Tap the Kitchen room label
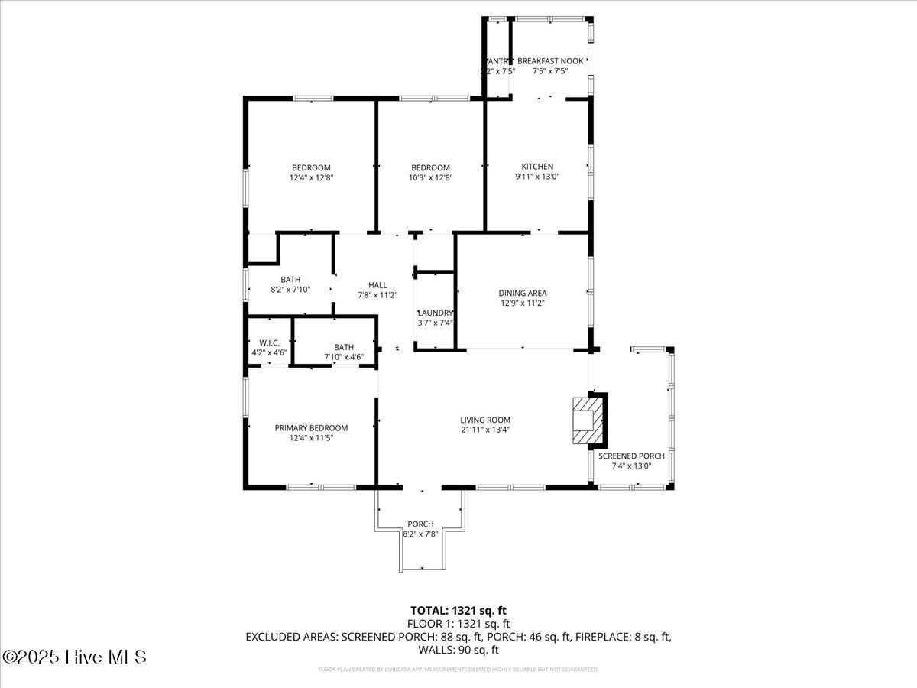pyautogui.click(x=537, y=167)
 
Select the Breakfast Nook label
pyautogui.click(x=550, y=61)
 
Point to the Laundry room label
pyautogui.click(x=436, y=313)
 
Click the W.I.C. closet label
pyautogui.click(x=269, y=342)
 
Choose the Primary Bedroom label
pyautogui.click(x=311, y=428)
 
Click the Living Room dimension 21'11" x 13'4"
pyautogui.click(x=485, y=430)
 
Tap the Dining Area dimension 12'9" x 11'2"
pyautogui.click(x=523, y=303)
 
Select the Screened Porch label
pyautogui.click(x=631, y=456)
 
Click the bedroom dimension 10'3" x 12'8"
pyautogui.click(x=430, y=177)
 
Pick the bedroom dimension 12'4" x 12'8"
pyautogui.click(x=311, y=177)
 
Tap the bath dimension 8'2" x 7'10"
pyautogui.click(x=290, y=290)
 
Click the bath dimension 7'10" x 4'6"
pyautogui.click(x=343, y=357)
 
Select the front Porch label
pyautogui.click(x=420, y=524)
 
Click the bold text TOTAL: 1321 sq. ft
pyautogui.click(x=458, y=610)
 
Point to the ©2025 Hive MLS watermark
pyautogui.click(x=74, y=657)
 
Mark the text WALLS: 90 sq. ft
pyautogui.click(x=458, y=650)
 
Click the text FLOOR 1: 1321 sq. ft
pyautogui.click(x=458, y=623)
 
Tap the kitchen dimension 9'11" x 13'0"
pyautogui.click(x=537, y=177)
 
